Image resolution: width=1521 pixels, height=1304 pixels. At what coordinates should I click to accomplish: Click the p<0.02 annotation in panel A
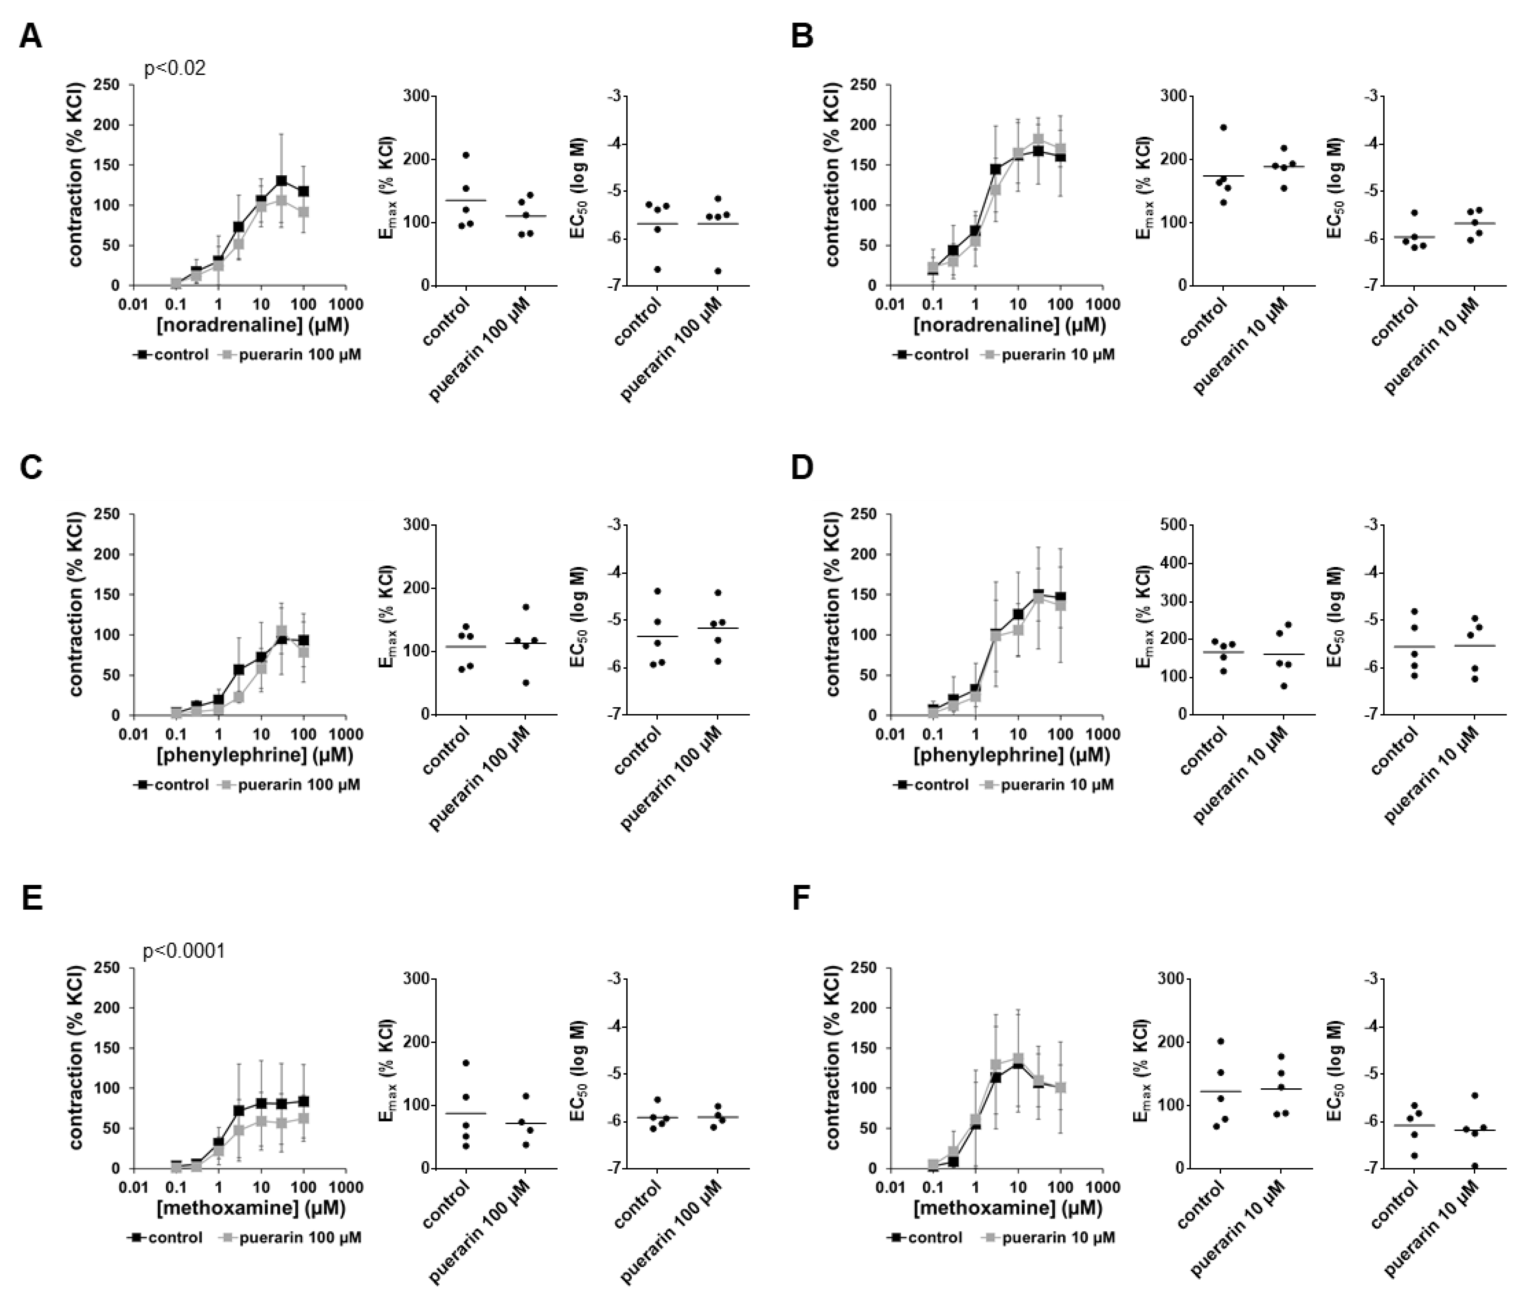click(175, 69)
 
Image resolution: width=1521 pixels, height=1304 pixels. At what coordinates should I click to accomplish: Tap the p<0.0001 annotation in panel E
click(184, 951)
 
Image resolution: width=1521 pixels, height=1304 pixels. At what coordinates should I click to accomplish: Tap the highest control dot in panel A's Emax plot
click(465, 155)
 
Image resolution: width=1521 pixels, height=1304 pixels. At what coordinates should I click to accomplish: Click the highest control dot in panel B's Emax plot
click(1223, 128)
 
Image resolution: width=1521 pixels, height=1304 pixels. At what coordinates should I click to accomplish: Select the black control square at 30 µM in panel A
click(281, 181)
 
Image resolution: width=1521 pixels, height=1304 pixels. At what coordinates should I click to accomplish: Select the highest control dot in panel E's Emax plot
click(465, 1062)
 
